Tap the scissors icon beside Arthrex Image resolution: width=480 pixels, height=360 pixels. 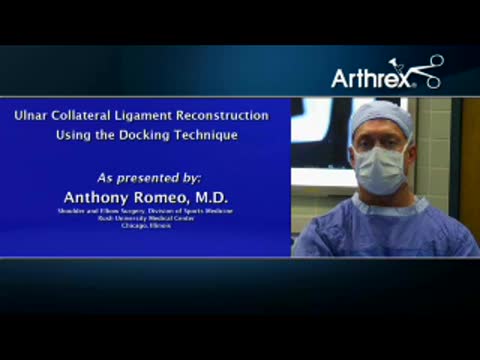pyautogui.click(x=429, y=70)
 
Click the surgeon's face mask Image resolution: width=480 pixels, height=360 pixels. pyautogui.click(x=381, y=170)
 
